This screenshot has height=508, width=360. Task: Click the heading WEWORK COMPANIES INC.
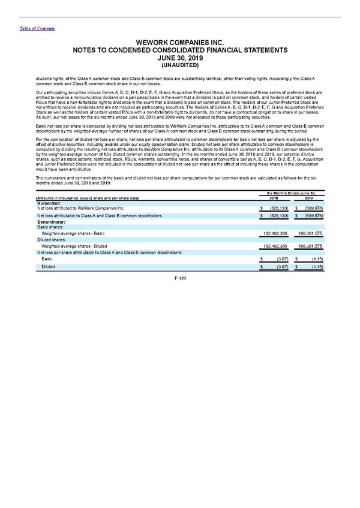click(179, 43)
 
